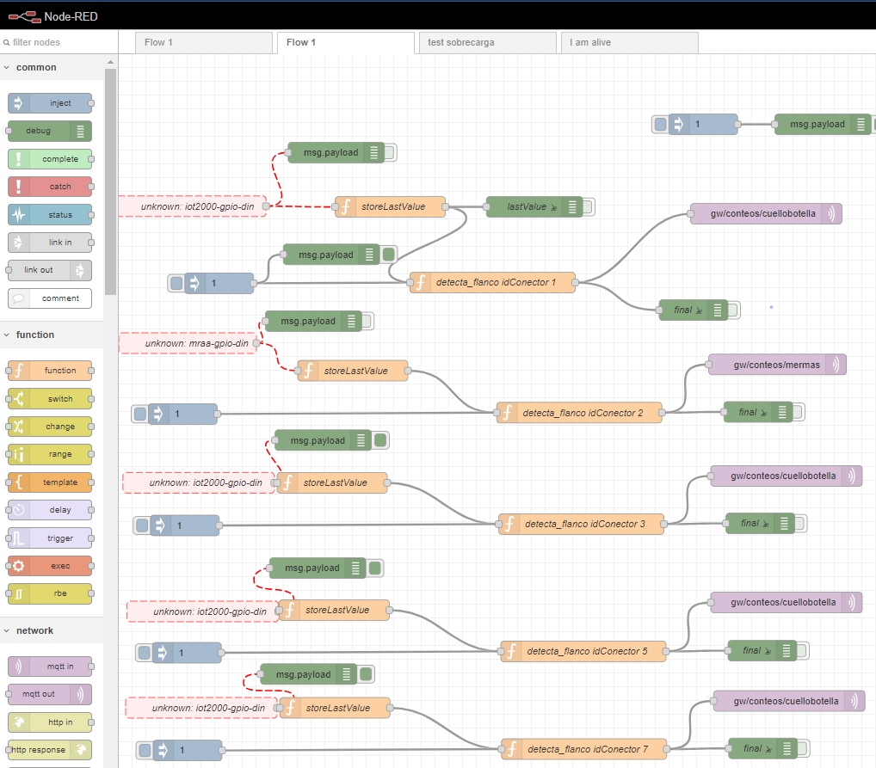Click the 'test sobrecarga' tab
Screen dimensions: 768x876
pyautogui.click(x=486, y=43)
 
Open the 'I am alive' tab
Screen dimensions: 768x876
pyautogui.click(x=628, y=43)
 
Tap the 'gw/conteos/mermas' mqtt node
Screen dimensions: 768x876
pyautogui.click(x=777, y=365)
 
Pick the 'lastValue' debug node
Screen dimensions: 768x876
pyautogui.click(x=534, y=206)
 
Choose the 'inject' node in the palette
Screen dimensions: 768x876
pyautogui.click(x=50, y=103)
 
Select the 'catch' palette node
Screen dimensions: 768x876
pyautogui.click(x=50, y=187)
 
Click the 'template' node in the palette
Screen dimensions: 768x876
pyautogui.click(x=50, y=482)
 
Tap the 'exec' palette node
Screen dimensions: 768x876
pyautogui.click(x=50, y=566)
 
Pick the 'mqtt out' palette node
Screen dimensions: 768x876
pyautogui.click(x=50, y=694)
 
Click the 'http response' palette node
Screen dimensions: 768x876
pyautogui.click(x=50, y=750)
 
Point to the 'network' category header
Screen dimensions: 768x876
pyautogui.click(x=34, y=630)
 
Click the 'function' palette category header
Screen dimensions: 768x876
pyautogui.click(x=34, y=335)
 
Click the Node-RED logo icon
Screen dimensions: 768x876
pyautogui.click(x=24, y=15)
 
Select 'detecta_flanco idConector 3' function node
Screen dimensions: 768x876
pyautogui.click(x=581, y=524)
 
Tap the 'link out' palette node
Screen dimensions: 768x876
pyautogui.click(x=50, y=270)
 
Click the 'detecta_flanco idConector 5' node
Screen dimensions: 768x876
pyautogui.click(x=583, y=651)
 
